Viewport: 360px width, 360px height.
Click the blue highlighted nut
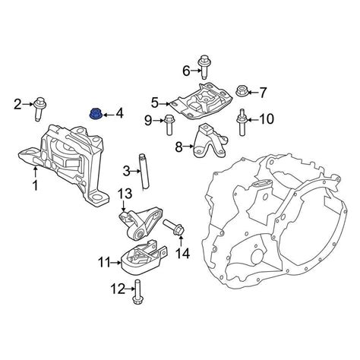96,115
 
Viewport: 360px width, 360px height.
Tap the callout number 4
119,115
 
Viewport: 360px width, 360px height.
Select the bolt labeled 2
39,108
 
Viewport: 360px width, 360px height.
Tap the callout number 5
155,102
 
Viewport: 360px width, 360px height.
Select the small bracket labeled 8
206,143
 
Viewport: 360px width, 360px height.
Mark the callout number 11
104,263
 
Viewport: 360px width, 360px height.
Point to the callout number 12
116,288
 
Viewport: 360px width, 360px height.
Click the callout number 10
266,118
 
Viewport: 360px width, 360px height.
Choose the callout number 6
186,71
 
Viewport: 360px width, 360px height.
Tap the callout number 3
128,172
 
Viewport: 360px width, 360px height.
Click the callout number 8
178,147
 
